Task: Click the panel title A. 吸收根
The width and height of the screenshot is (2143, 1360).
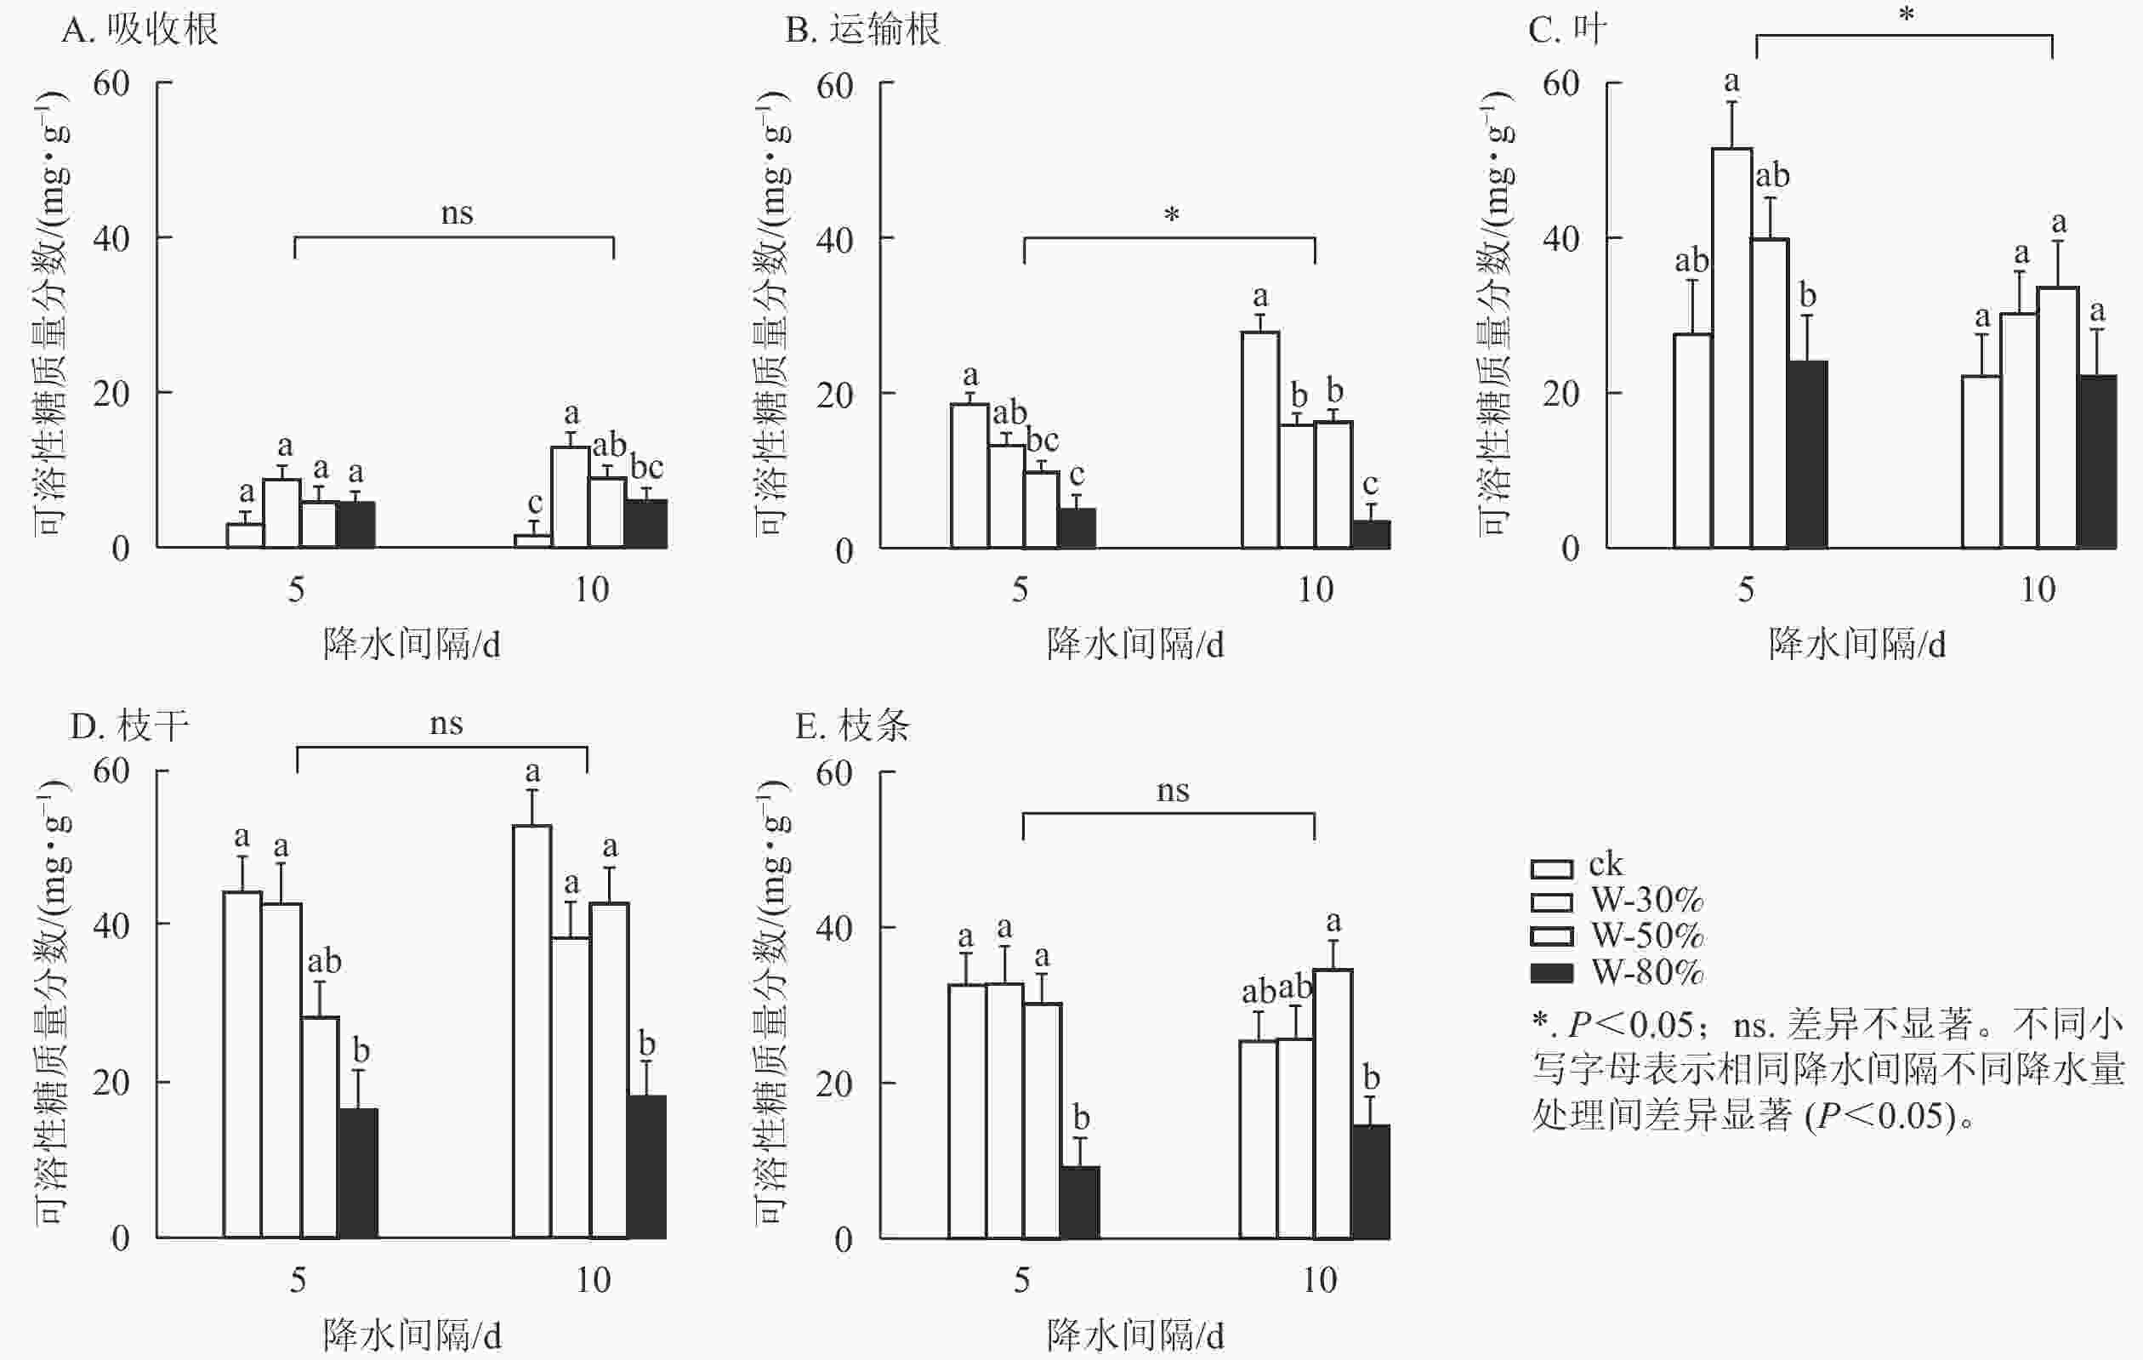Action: coord(139,31)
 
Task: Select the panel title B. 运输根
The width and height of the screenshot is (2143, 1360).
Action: coord(861,31)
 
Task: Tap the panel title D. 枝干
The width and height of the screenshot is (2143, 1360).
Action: coord(129,726)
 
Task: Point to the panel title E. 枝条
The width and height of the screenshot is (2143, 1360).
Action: coord(852,726)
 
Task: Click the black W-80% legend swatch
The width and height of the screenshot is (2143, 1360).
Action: coord(1551,973)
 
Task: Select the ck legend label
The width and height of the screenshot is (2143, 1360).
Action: coord(1606,864)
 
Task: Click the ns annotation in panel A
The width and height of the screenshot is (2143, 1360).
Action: coord(457,213)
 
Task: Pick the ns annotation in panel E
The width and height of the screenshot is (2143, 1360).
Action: coord(1172,790)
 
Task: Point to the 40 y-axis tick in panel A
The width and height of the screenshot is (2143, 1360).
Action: coord(111,238)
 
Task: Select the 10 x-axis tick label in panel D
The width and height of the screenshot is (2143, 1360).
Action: coord(593,1280)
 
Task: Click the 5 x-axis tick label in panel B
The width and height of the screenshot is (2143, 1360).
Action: coord(1020,589)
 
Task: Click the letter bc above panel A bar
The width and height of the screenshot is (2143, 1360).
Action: coord(647,467)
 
